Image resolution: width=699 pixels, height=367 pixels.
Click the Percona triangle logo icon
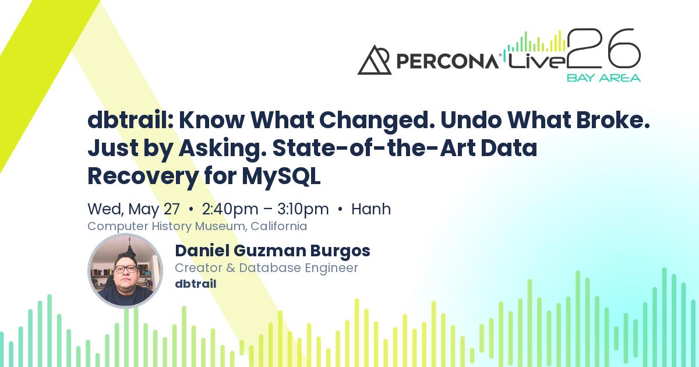[375, 59]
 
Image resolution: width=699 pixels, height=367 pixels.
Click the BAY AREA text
[603, 78]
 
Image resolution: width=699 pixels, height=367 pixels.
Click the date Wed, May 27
[133, 209]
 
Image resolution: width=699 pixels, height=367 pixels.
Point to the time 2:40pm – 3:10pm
[265, 209]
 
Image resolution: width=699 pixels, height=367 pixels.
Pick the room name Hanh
[371, 209]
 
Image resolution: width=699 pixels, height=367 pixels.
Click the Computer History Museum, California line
[197, 226]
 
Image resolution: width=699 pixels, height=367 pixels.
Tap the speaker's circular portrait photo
[125, 271]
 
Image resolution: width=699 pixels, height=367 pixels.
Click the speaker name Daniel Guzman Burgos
[272, 251]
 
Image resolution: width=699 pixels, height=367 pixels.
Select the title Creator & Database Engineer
[266, 268]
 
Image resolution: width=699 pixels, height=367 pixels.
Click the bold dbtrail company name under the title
[196, 284]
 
